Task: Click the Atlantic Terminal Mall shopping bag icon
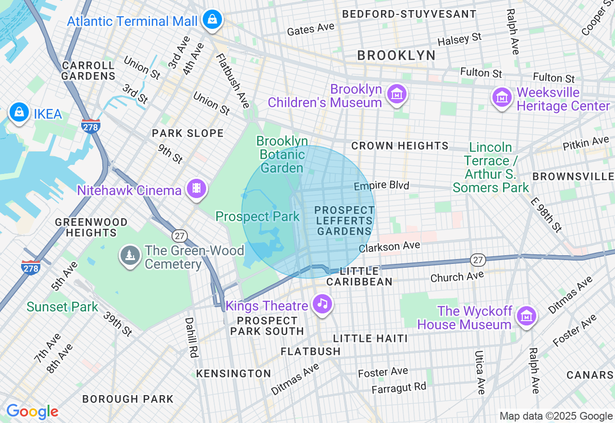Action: (211, 20)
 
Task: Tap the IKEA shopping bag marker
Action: (19, 112)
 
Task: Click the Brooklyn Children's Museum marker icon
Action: (398, 94)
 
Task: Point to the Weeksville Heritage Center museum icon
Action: (502, 98)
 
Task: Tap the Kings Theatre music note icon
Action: (322, 304)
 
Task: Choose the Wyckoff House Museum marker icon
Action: (527, 316)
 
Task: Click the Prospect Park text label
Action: (258, 216)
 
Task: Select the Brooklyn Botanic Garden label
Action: (282, 154)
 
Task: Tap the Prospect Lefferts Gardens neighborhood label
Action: (344, 221)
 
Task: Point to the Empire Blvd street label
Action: (381, 186)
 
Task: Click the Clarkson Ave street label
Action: (390, 247)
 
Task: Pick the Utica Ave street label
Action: (480, 373)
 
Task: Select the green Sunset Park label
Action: (62, 307)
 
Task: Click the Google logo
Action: (32, 412)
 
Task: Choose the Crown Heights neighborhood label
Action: (400, 146)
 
